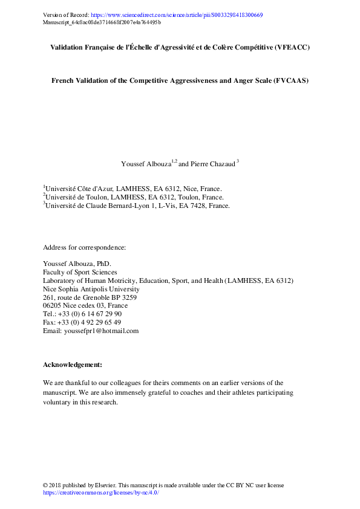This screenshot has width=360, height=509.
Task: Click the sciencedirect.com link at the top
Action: (x=176, y=15)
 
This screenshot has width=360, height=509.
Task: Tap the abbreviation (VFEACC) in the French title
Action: (x=290, y=47)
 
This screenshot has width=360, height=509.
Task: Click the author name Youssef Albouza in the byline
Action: (x=145, y=164)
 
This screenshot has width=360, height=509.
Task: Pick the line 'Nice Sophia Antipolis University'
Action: (x=91, y=290)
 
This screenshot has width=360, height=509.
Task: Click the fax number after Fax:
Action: (x=90, y=322)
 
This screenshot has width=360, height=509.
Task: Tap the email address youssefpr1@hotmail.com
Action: (x=100, y=331)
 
